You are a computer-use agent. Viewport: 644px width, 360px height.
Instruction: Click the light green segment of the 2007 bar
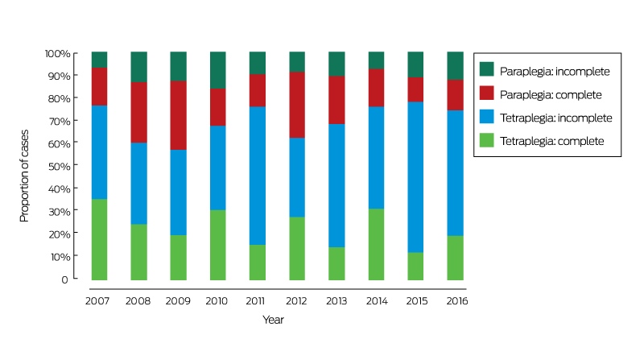tap(99, 239)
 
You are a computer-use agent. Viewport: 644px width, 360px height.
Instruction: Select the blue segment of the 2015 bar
tap(415, 177)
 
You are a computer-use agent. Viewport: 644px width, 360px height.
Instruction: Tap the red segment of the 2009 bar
tap(178, 115)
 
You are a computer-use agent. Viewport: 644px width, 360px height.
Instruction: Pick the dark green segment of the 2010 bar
tap(217, 70)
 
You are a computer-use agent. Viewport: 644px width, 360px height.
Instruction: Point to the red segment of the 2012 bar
tap(297, 105)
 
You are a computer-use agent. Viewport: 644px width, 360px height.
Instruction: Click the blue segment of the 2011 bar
tap(258, 176)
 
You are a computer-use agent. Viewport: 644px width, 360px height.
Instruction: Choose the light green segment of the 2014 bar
tap(376, 245)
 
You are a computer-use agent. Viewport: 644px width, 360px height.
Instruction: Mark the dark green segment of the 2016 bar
tap(455, 66)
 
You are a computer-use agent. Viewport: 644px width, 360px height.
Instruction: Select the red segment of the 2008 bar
tap(138, 113)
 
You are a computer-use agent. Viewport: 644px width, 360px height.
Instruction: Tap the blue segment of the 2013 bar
tap(336, 186)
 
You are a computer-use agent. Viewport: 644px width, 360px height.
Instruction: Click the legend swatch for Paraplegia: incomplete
tap(487, 69)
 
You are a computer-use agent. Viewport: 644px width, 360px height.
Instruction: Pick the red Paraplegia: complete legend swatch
tap(487, 93)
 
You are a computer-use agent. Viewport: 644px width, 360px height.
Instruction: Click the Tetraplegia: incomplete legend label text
tap(556, 118)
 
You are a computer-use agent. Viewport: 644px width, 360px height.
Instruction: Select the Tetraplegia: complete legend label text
tap(552, 142)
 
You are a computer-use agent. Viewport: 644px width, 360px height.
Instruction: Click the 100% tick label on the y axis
tap(58, 53)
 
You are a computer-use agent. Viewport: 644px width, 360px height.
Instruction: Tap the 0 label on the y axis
tap(64, 279)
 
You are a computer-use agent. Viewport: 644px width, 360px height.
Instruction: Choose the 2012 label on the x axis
tap(296, 301)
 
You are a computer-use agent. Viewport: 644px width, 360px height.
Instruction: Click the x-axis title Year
tap(273, 320)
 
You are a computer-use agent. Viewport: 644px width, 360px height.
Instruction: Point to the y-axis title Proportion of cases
tap(24, 176)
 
